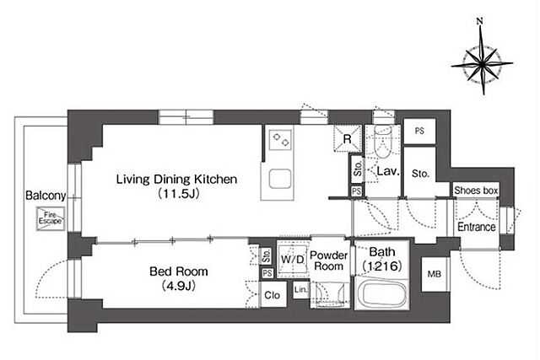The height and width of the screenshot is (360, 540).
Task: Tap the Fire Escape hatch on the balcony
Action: [x=51, y=218]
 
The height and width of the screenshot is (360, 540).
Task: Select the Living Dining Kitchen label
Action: [x=176, y=179]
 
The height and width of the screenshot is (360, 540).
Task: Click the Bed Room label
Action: [x=178, y=271]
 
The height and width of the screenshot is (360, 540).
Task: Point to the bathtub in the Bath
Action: [x=381, y=294]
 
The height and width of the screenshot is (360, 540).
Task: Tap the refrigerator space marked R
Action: [x=348, y=139]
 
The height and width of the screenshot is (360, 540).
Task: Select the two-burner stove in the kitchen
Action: [x=280, y=140]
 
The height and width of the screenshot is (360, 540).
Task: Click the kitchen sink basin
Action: [x=279, y=179]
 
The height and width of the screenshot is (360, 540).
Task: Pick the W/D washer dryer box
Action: [x=293, y=259]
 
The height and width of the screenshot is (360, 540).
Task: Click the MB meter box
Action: [x=435, y=274]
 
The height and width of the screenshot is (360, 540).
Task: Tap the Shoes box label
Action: [x=476, y=191]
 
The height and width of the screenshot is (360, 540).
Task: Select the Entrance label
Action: [x=476, y=227]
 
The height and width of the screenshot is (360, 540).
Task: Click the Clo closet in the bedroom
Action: [x=272, y=295]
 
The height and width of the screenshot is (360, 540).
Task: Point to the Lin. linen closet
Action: [x=301, y=290]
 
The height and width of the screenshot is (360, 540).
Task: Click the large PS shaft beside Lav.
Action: [x=419, y=132]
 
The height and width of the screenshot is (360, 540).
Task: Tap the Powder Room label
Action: [x=329, y=261]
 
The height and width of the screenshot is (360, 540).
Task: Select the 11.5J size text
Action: [x=179, y=194]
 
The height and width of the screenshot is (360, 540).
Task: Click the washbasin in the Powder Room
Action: [x=330, y=295]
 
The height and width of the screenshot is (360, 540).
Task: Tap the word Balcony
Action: [x=46, y=196]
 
